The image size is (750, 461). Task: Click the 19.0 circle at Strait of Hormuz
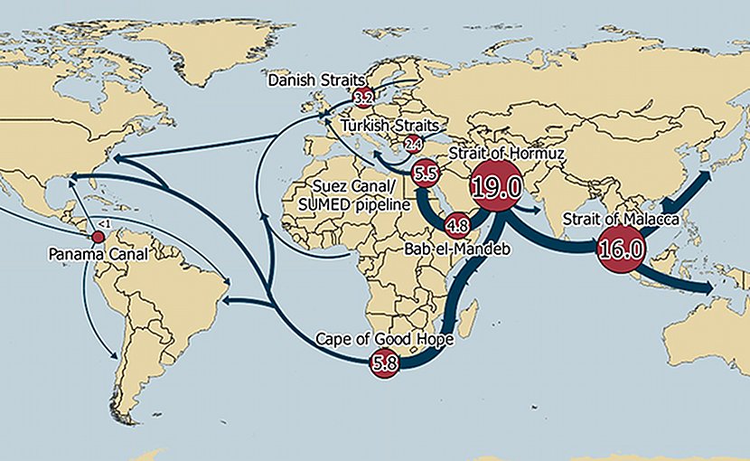[x=495, y=187]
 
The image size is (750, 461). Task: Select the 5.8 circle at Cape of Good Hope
[x=384, y=363]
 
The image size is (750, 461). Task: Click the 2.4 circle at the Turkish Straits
[x=414, y=144]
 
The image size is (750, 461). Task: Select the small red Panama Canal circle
[x=98, y=237]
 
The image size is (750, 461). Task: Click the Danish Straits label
[x=311, y=80]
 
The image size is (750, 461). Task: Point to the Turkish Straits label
[x=389, y=124]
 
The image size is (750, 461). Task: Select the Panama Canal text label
[x=97, y=255]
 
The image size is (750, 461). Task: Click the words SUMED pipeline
[x=351, y=205]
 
